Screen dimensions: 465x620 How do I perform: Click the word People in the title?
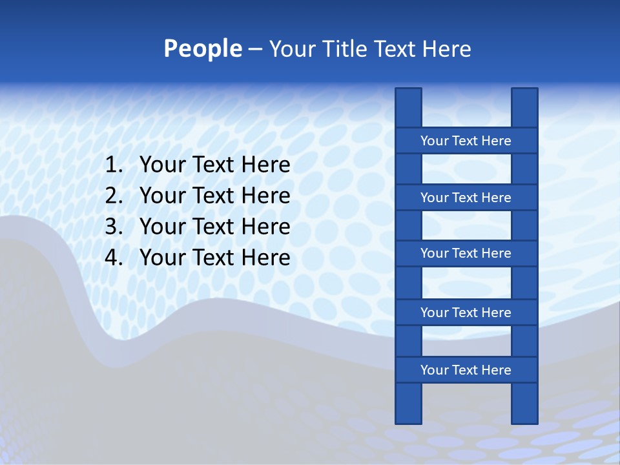202,48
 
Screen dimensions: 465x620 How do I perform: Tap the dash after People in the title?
254,49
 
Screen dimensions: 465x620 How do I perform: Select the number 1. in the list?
114,165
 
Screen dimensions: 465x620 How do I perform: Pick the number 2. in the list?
114,196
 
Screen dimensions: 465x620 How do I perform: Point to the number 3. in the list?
114,227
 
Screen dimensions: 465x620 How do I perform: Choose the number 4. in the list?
114,258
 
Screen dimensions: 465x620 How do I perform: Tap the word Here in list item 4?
265,258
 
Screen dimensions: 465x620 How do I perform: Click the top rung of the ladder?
466,140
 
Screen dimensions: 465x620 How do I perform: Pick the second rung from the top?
466,197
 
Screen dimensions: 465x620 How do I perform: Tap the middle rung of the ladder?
466,253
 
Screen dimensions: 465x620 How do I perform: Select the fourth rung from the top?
466,312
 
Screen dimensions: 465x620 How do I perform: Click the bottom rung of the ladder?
466,369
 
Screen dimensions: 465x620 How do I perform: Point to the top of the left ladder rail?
408,94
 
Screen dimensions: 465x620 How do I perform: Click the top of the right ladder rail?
524,94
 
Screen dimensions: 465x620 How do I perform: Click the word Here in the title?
448,48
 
